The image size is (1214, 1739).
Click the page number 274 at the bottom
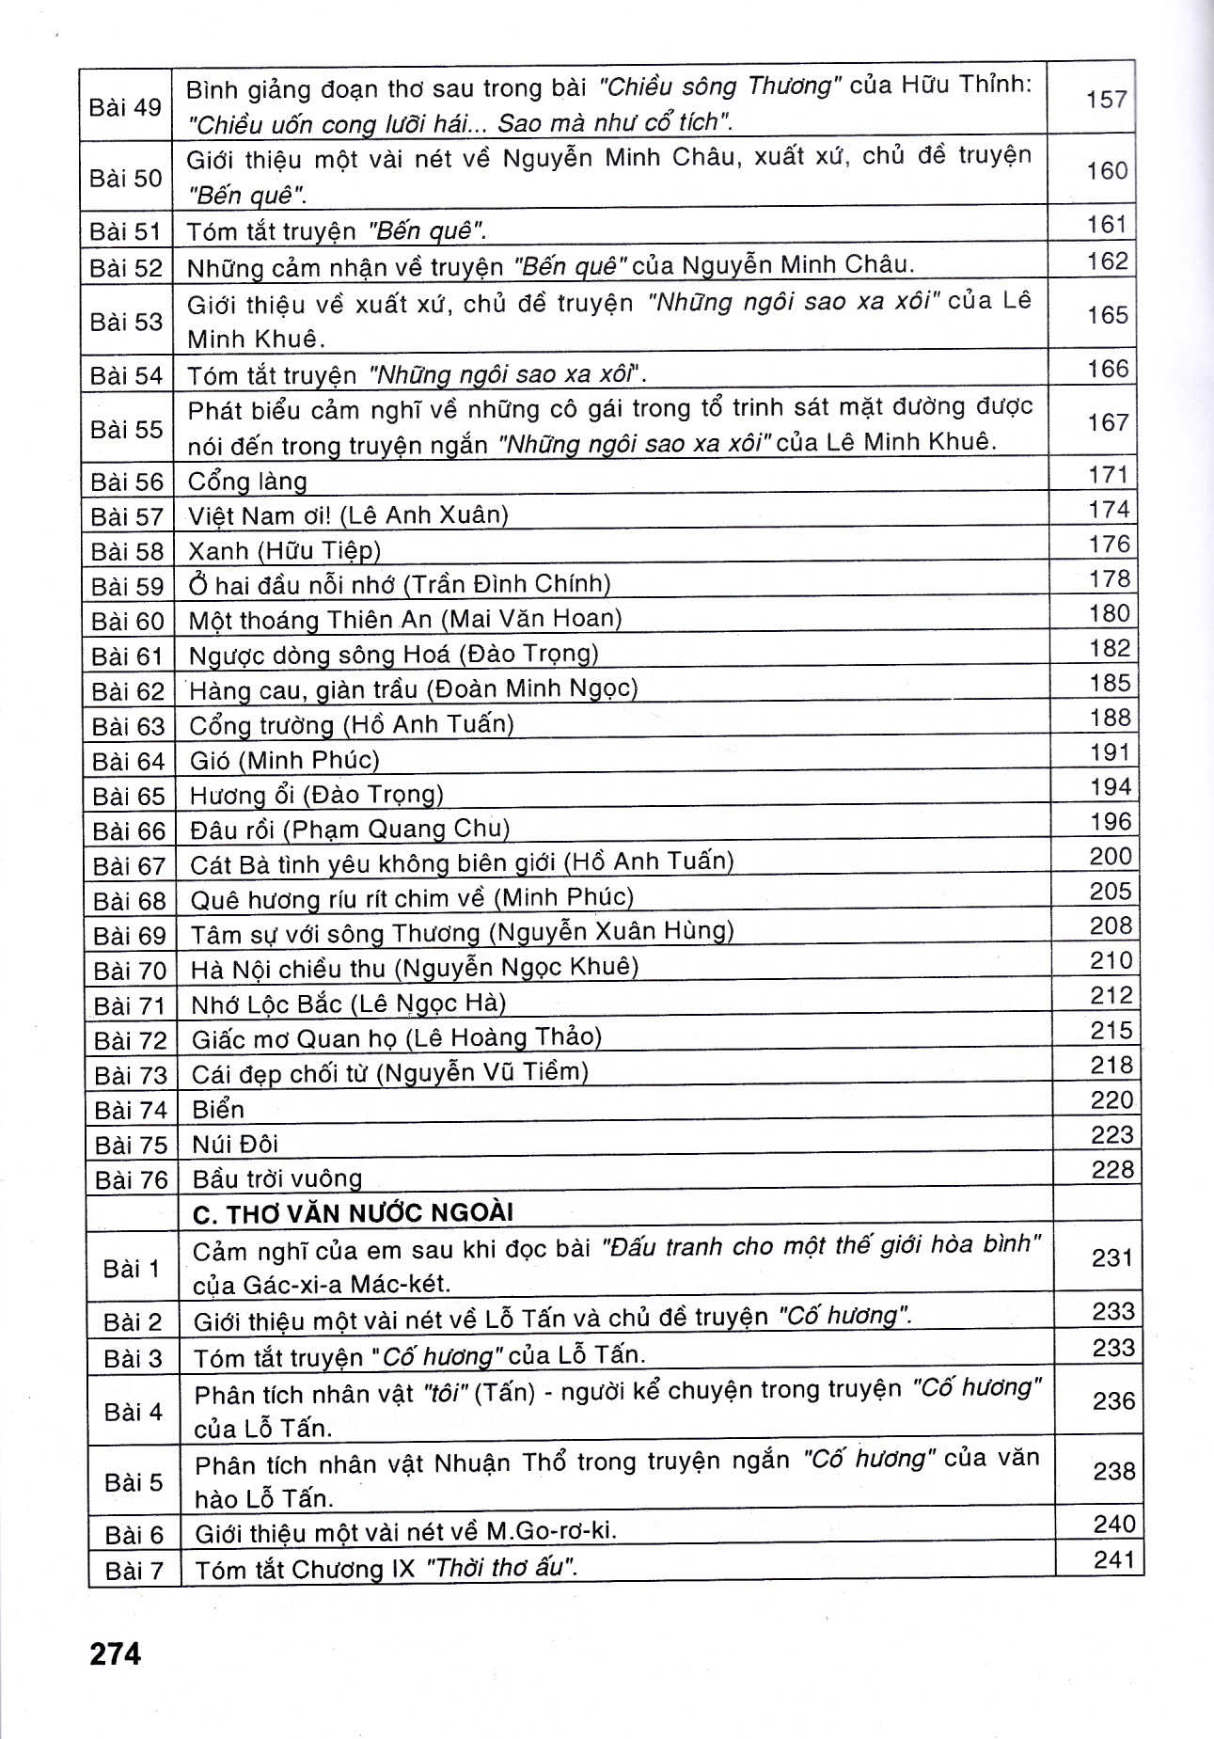point(115,1652)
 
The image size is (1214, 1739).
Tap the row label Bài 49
point(125,107)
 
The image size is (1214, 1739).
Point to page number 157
point(1106,99)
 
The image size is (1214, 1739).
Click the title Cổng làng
point(247,482)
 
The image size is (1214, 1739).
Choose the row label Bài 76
point(131,1179)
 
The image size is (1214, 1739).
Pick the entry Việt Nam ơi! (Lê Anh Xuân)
point(348,515)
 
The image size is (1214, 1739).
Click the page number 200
point(1111,856)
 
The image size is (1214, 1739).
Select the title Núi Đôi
point(235,1145)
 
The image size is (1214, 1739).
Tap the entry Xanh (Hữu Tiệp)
point(284,550)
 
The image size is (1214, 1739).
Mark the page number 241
point(1115,1559)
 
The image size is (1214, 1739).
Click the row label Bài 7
point(134,1570)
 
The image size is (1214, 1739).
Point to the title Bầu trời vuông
point(276,1178)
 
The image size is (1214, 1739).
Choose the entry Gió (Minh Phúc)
point(284,759)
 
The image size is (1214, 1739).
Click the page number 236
point(1114,1400)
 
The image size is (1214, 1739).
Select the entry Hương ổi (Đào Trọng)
point(316,795)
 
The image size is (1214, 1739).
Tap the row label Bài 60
point(128,621)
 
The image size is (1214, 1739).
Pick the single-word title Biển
point(218,1110)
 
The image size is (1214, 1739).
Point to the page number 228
point(1112,1170)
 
